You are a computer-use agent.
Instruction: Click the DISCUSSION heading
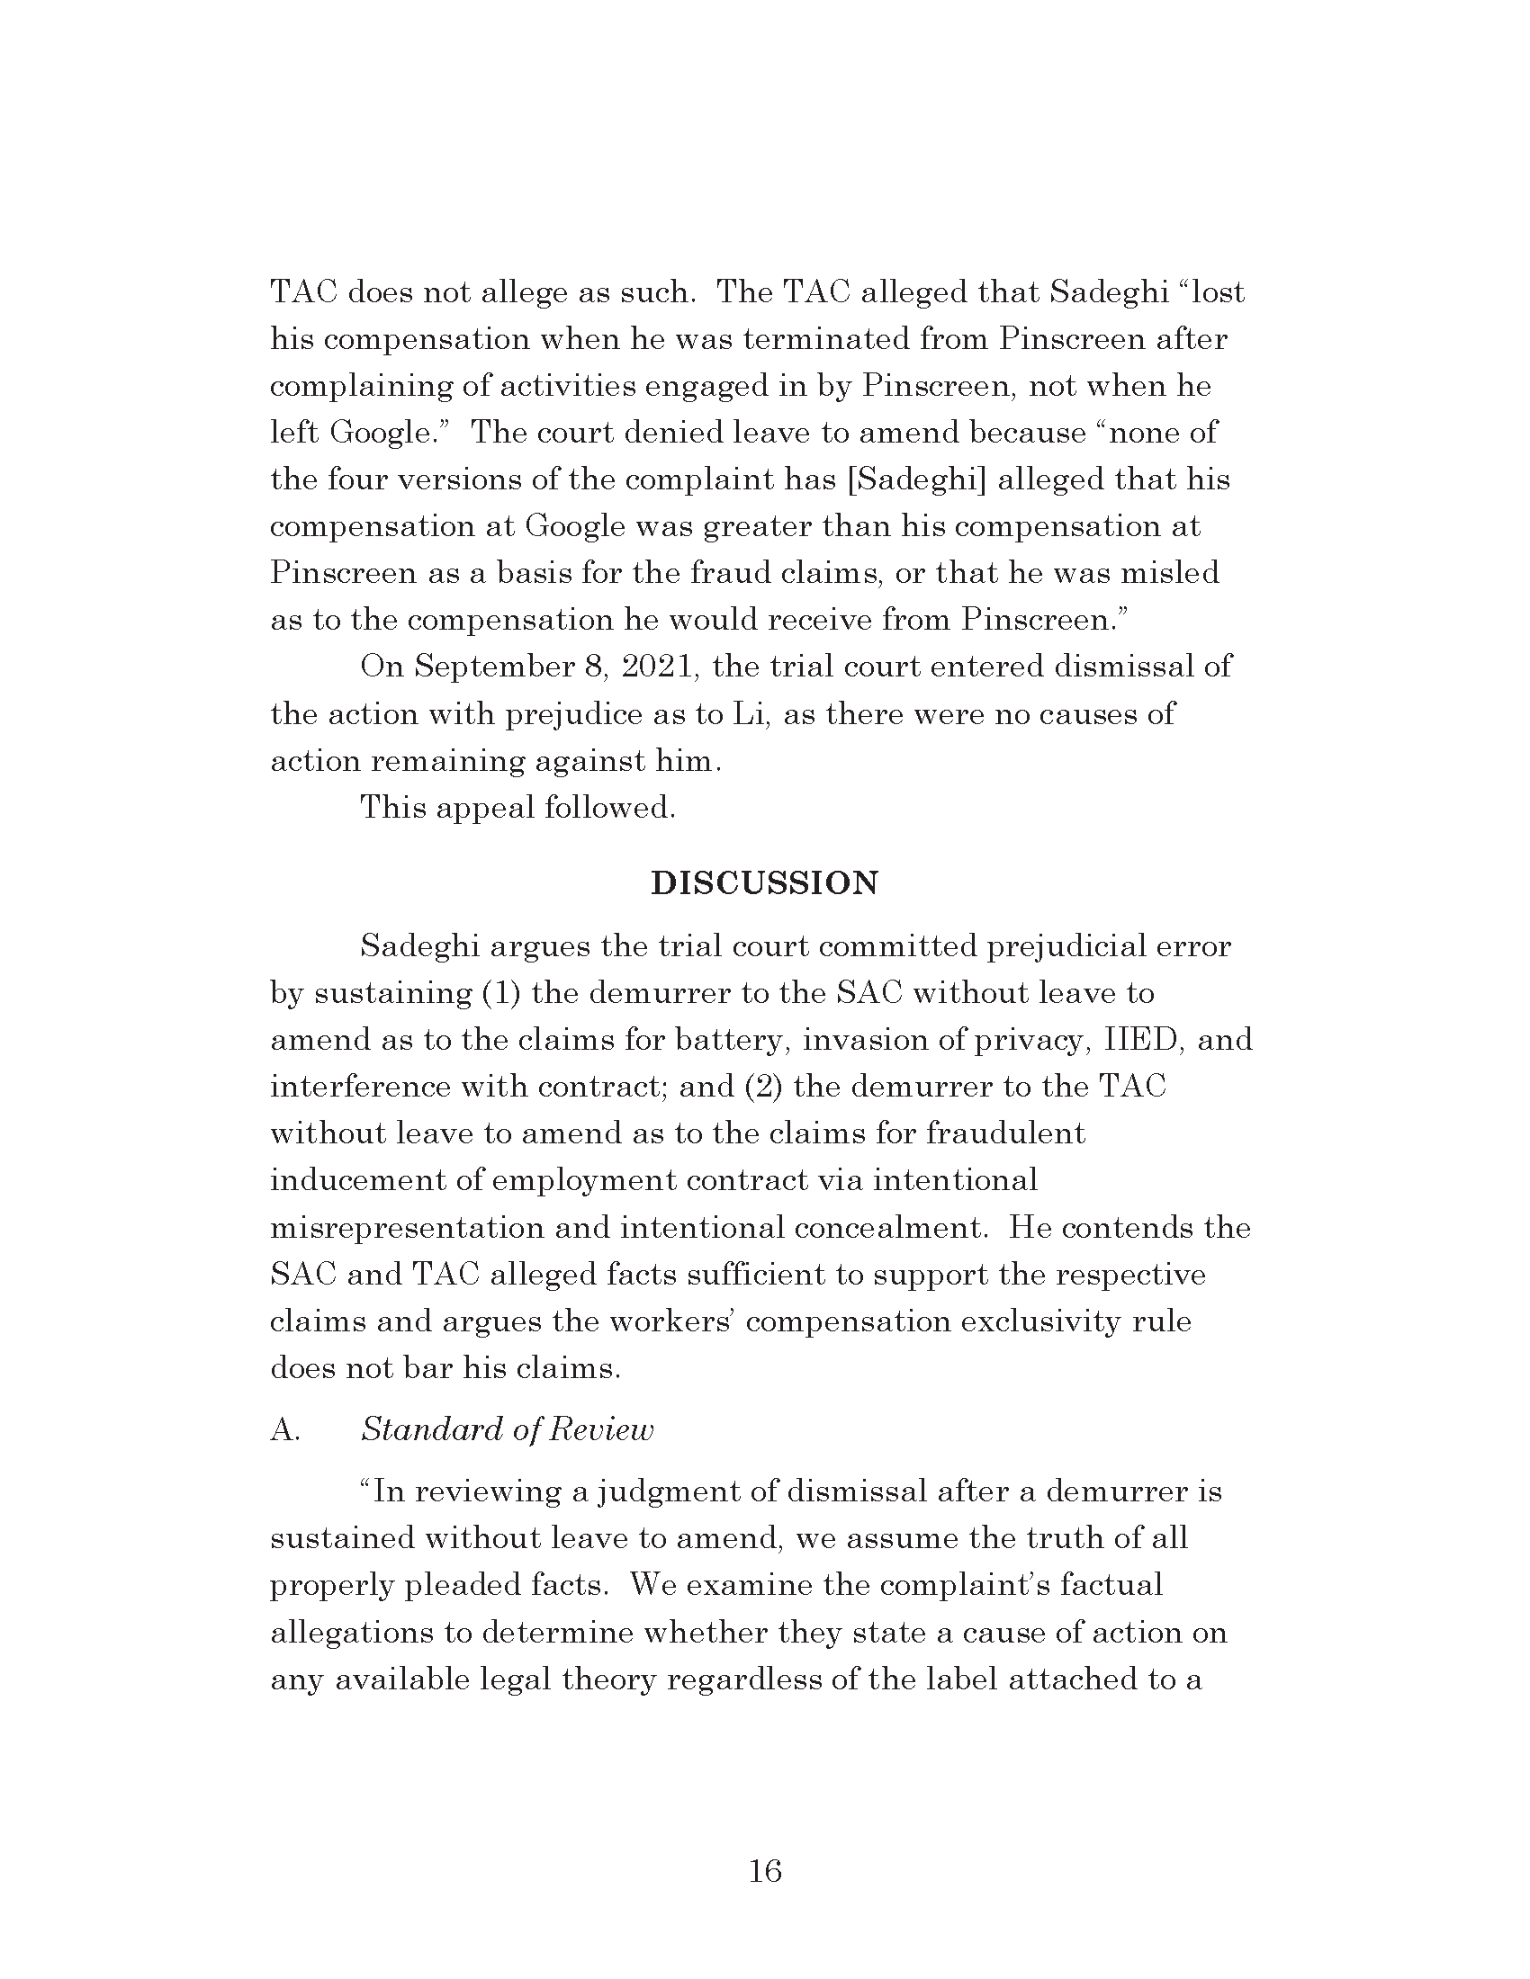pyautogui.click(x=764, y=883)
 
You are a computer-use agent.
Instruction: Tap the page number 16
pyautogui.click(x=765, y=1871)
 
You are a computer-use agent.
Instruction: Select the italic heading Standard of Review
pyautogui.click(x=507, y=1430)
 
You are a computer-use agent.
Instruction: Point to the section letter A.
pyautogui.click(x=283, y=1430)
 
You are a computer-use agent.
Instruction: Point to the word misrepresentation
pyautogui.click(x=405, y=1228)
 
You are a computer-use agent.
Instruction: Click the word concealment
pyautogui.click(x=889, y=1228)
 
